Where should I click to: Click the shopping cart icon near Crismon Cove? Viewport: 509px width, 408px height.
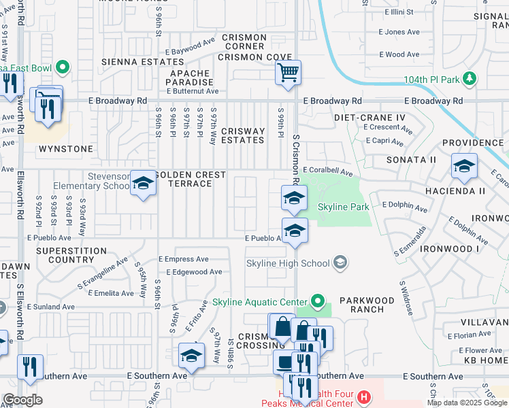[288, 71]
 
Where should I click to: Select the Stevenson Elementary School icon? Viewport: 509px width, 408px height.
[143, 183]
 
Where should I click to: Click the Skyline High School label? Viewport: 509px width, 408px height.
[288, 263]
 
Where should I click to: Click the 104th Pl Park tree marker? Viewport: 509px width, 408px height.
[469, 79]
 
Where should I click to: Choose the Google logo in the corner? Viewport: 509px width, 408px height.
[22, 400]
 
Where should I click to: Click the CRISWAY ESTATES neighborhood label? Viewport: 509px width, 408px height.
[243, 136]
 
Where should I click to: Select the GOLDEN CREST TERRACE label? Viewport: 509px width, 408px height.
[191, 180]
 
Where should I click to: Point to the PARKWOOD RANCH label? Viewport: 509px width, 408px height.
[367, 305]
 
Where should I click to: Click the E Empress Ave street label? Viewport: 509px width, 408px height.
[183, 259]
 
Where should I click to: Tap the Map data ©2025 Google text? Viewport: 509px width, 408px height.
[467, 403]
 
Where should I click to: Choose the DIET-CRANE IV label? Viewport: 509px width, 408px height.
[370, 118]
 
